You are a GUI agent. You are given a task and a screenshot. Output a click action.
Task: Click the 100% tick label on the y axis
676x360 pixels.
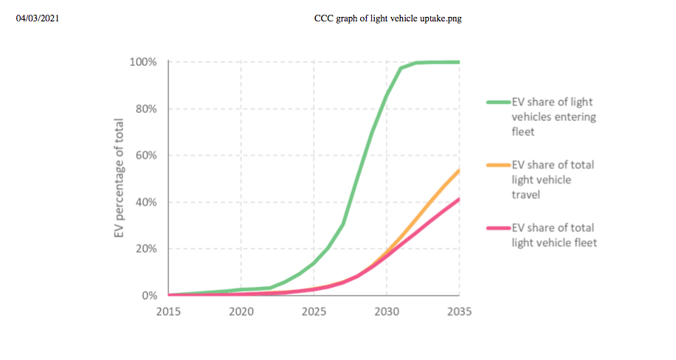point(143,62)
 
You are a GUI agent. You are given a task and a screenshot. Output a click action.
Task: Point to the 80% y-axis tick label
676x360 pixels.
point(145,108)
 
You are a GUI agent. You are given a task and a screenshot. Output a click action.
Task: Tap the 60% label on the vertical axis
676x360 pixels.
point(145,156)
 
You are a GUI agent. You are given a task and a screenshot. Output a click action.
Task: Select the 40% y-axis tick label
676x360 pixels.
point(145,202)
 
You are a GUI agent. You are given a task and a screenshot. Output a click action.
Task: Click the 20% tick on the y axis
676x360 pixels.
point(145,249)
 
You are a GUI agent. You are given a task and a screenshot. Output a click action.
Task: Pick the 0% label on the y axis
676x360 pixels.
point(148,296)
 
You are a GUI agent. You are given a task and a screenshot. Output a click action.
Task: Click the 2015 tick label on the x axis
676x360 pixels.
point(169,311)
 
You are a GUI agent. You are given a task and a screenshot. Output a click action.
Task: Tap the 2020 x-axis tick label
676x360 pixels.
point(241,311)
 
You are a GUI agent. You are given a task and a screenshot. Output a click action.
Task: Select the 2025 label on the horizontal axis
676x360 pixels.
point(314,311)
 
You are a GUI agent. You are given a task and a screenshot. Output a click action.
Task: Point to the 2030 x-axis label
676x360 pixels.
point(387,311)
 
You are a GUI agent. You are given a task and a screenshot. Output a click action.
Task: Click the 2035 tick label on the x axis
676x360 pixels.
point(459,311)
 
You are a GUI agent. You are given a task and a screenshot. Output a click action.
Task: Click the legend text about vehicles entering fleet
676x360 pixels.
point(553,117)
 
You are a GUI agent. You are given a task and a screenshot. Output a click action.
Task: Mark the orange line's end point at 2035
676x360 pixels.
point(459,170)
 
